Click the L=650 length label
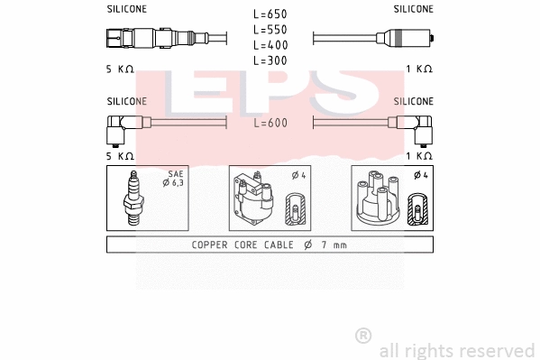pos(270,14)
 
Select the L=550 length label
pos(270,30)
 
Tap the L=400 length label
pos(270,45)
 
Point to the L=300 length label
pos(270,60)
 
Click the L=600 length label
pos(270,124)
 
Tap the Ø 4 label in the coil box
pos(299,174)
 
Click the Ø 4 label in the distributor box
pos(420,174)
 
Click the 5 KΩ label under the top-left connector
pos(120,69)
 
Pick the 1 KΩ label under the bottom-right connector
pos(418,155)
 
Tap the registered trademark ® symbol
pos(363,336)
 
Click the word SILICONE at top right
pos(414,9)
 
